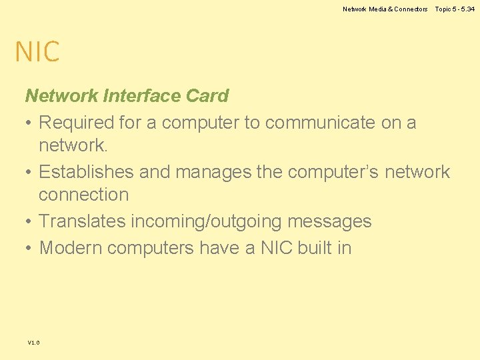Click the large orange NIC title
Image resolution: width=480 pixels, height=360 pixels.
pyautogui.click(x=37, y=52)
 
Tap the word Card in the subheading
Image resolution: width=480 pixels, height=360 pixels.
pyautogui.click(x=207, y=96)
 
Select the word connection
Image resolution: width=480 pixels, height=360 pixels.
pyautogui.click(x=83, y=195)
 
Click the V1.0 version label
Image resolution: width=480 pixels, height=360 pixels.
pyautogui.click(x=33, y=343)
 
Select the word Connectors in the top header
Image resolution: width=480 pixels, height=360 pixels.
pyautogui.click(x=411, y=9)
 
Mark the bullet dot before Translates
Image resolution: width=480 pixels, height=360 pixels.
pyautogui.click(x=30, y=221)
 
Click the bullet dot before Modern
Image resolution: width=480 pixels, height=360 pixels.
pyautogui.click(x=30, y=248)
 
